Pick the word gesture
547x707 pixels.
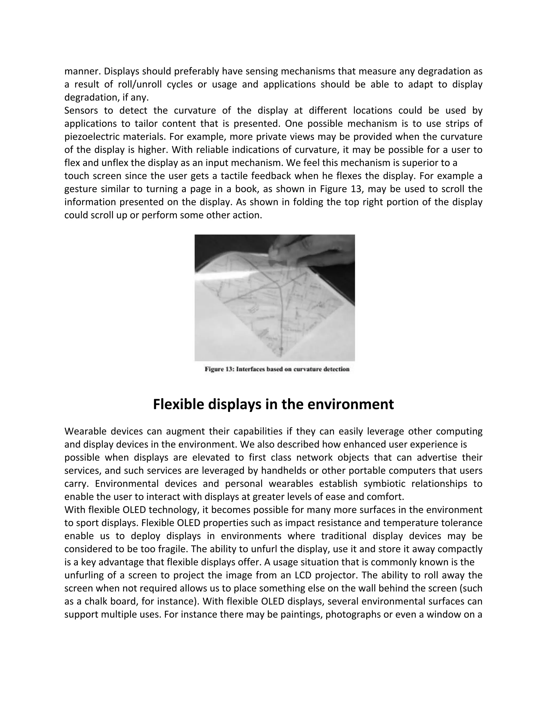click(81, 189)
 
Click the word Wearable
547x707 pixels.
click(85, 431)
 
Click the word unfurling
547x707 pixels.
click(82, 575)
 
